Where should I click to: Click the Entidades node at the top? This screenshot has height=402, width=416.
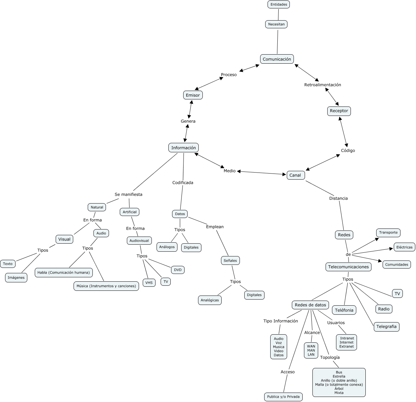(x=279, y=4)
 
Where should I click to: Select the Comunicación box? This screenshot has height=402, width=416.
(x=277, y=59)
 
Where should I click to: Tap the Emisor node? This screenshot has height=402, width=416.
(x=193, y=95)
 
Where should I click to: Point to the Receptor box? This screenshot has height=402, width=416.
(x=339, y=111)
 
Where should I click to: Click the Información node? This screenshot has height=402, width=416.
(x=183, y=148)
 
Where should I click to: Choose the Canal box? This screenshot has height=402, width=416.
(x=295, y=175)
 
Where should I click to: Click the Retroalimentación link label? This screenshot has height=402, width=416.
(x=323, y=85)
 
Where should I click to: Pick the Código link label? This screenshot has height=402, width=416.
(x=348, y=150)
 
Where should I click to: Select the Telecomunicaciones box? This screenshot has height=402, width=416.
(x=349, y=267)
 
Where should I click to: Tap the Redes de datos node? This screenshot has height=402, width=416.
(x=310, y=305)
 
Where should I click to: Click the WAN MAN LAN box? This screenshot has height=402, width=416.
(x=311, y=350)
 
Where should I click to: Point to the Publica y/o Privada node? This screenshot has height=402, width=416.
(x=283, y=397)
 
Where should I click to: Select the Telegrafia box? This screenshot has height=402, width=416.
(x=386, y=327)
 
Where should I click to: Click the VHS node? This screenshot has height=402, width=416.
(x=149, y=283)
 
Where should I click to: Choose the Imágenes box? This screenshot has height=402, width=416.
(x=16, y=278)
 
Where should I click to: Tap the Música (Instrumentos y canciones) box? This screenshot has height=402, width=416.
(x=106, y=286)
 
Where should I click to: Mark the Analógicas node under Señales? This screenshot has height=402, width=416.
(x=210, y=300)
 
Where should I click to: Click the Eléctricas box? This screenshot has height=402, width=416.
(x=404, y=247)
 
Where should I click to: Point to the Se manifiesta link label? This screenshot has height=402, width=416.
(x=128, y=194)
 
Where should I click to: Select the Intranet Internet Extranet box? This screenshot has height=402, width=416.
(x=346, y=342)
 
